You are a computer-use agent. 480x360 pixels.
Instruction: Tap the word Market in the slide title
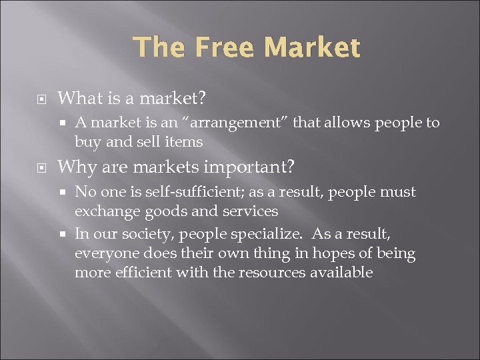[312, 48]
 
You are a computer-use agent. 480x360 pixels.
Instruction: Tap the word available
[341, 273]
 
